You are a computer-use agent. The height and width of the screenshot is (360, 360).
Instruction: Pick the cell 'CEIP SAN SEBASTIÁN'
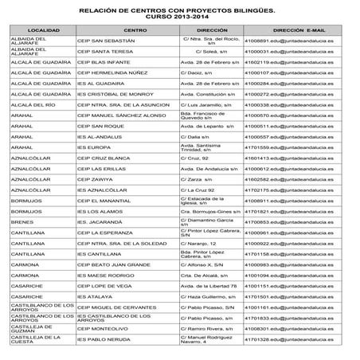point(112,40)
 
